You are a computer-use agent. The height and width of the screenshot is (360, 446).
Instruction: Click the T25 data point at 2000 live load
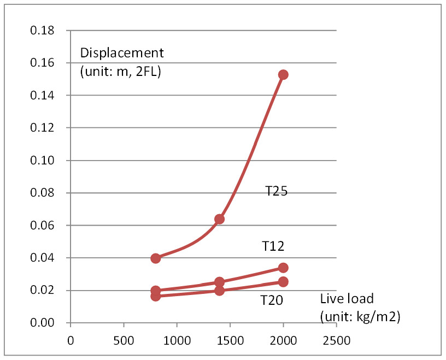(x=283, y=74)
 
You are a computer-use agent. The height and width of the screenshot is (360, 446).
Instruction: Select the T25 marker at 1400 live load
(x=219, y=219)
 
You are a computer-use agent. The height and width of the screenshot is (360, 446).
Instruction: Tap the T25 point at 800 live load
(x=156, y=258)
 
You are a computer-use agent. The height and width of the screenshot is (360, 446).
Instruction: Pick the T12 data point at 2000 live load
(x=283, y=268)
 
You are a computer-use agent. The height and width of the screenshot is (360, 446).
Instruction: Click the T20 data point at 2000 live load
(x=283, y=281)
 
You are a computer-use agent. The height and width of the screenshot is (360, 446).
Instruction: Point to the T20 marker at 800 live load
(x=156, y=296)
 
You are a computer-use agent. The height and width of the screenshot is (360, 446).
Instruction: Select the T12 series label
(x=273, y=246)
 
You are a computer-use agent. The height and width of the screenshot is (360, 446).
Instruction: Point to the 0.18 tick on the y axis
(x=43, y=31)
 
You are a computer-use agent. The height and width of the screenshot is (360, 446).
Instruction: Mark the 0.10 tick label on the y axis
(x=43, y=161)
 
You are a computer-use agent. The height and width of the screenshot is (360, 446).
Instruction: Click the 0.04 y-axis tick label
(x=43, y=258)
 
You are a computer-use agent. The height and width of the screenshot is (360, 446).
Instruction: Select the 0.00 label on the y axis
(x=43, y=323)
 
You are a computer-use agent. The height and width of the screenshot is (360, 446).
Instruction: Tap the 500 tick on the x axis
(x=124, y=339)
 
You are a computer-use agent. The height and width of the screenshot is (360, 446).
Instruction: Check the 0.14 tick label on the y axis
(x=43, y=96)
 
